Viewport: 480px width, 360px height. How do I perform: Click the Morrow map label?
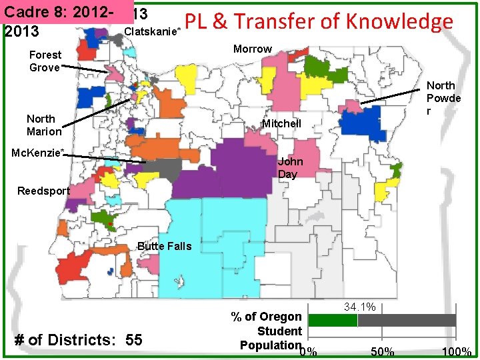[x=253, y=49]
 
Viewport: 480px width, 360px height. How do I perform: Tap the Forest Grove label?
[x=45, y=61]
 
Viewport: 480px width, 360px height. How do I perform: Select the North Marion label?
[x=44, y=125]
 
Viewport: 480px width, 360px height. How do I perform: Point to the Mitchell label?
[x=281, y=123]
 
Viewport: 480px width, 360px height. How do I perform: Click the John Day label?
[x=290, y=167]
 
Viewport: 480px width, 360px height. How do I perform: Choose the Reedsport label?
[x=43, y=191]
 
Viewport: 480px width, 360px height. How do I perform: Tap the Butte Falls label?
[x=164, y=246]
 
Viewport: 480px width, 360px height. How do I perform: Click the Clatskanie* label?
[x=152, y=31]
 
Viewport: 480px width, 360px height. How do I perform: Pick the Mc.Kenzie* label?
[x=38, y=153]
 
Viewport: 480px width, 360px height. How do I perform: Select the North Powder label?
[x=443, y=97]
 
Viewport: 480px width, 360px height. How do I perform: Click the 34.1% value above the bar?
[x=360, y=307]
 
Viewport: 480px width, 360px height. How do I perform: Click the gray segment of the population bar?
[x=407, y=320]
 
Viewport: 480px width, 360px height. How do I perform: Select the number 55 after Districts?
[x=133, y=340]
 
